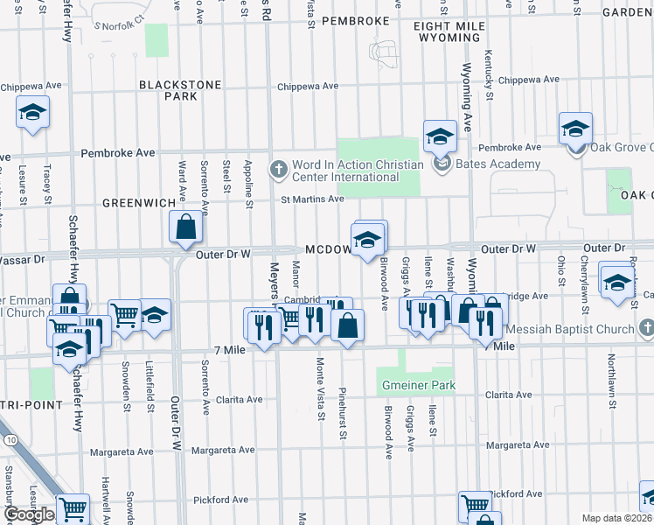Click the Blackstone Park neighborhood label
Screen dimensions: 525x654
click(168, 90)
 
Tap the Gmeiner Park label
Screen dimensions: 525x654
click(416, 386)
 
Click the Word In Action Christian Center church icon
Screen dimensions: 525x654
click(279, 167)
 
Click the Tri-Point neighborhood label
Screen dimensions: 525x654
click(31, 405)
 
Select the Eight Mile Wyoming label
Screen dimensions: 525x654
click(449, 33)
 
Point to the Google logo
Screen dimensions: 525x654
click(28, 514)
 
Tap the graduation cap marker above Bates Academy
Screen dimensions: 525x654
click(441, 136)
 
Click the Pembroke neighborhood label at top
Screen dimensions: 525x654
click(354, 20)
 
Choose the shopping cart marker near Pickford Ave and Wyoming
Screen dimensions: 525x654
click(476, 505)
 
